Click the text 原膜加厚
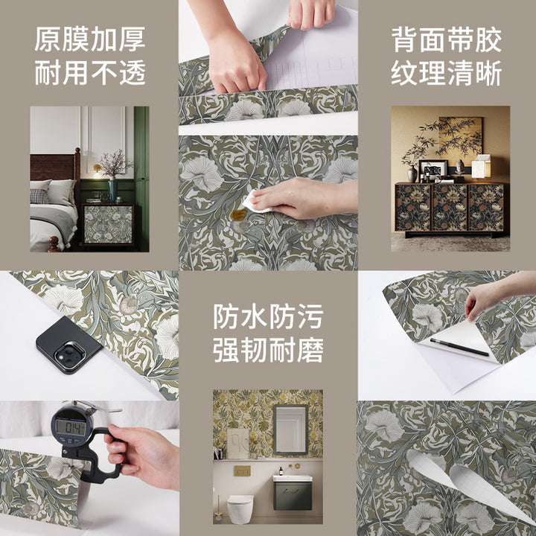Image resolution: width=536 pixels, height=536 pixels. pos(90,39)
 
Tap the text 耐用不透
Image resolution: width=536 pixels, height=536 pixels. pos(90,72)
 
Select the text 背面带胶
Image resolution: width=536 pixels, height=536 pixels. pos(446,40)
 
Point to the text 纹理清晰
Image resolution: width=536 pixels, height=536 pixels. pos(446,73)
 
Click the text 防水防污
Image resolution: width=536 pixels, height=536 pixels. pos(268,316)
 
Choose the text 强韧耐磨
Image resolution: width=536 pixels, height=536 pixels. pos(268,350)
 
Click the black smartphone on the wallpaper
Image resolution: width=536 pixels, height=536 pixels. pos(68,345)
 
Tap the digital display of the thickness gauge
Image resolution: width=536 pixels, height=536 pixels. pos(71,427)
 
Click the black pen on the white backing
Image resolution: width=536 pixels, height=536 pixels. pos(459,347)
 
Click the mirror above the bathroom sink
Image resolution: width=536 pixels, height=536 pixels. pos(290,430)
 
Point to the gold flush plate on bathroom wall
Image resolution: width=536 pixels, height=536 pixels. pos(242,471)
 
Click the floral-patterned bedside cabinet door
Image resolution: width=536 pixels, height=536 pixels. pos(108,225)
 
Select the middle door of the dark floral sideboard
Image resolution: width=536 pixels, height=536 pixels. pos(450,208)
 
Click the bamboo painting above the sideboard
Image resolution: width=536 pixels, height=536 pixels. pos(460,137)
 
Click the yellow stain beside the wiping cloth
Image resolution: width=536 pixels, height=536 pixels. pos(238,214)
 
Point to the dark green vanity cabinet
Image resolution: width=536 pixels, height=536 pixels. pos(293,495)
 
